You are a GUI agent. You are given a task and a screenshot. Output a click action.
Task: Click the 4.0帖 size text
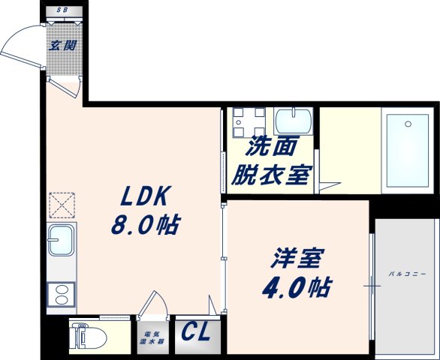(x=297, y=287)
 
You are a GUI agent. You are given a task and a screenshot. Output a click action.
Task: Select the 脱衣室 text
(x=270, y=175)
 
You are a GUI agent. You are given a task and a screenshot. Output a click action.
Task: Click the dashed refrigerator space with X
(x=60, y=205)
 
